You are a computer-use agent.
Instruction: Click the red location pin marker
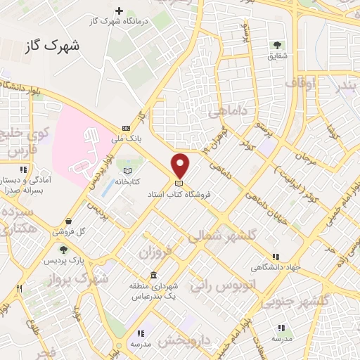pos(181,165)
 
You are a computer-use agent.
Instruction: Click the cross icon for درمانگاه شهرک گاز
pos(120,11)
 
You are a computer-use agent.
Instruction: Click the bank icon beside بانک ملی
pos(126,127)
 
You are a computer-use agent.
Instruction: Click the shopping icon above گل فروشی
pos(67,221)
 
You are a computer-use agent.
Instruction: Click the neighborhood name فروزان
pos(156,250)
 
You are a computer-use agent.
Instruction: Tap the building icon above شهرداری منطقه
pos(153,275)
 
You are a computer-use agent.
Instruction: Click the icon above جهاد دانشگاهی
pos(275,256)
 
